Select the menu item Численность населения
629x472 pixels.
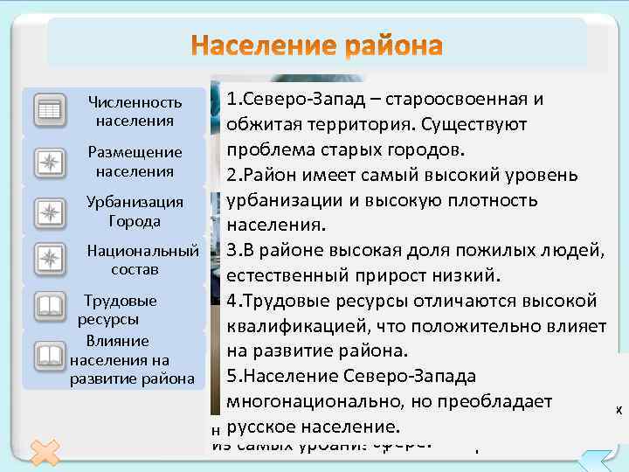135,111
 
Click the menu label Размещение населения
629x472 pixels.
135,161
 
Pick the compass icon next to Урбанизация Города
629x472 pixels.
50,211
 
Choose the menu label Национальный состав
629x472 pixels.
142,260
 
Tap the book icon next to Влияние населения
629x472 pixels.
50,356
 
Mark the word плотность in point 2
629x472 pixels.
495,200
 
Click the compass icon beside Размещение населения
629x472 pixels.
50,161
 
